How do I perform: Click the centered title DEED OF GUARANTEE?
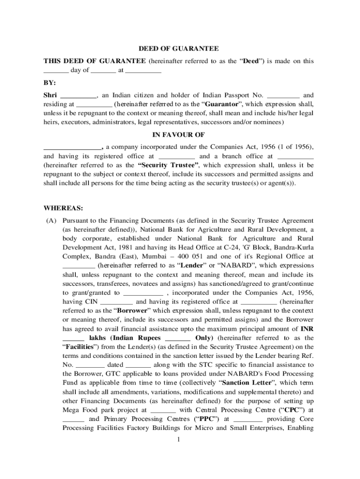[179, 49]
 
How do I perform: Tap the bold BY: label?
[50, 82]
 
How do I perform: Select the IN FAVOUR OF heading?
[179, 134]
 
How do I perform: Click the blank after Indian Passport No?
[286, 95]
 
